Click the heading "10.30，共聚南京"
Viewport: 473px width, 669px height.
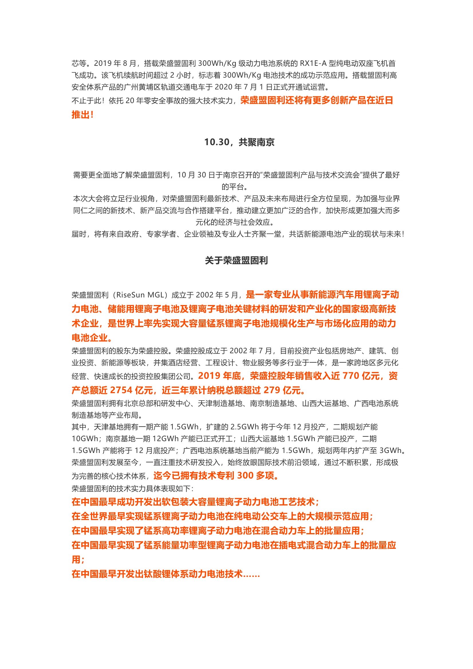pos(239,142)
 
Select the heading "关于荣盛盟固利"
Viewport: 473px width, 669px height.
pos(236,260)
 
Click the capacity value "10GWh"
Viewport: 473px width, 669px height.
pos(85,439)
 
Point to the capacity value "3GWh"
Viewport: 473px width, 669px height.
pos(390,450)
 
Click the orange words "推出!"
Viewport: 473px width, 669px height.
pos(82,114)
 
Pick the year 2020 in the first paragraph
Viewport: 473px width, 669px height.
pos(223,87)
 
